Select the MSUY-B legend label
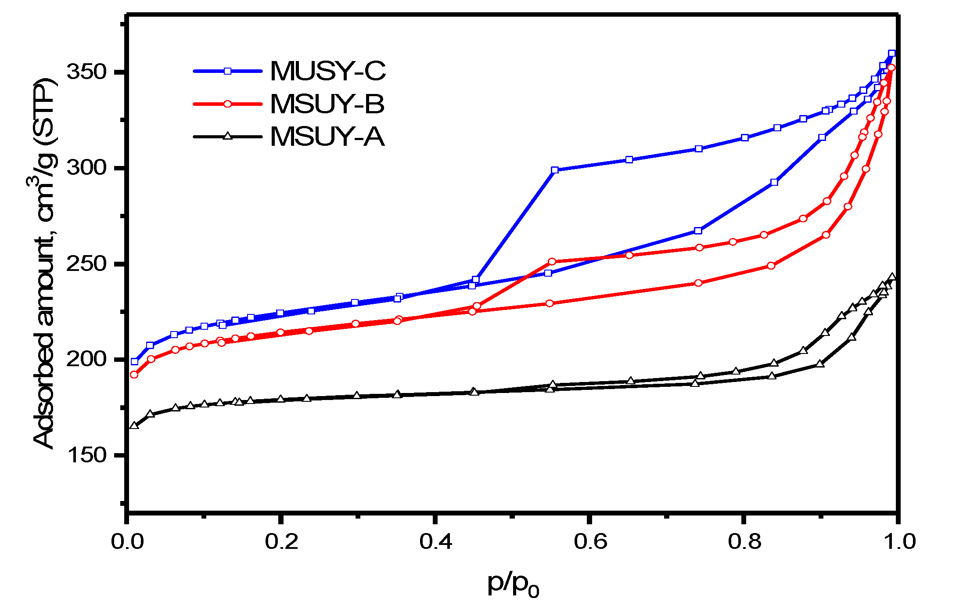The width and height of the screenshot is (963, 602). pos(327,105)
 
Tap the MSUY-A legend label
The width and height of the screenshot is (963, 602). pos(327,137)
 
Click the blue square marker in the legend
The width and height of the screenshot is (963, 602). pos(227,71)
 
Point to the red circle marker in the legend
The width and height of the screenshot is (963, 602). pos(227,104)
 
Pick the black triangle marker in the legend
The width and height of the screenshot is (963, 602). pos(227,136)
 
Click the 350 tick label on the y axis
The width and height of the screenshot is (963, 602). pos(87,72)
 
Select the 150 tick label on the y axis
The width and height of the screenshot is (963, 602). pos(87,455)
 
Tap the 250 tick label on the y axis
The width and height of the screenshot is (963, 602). pos(87,264)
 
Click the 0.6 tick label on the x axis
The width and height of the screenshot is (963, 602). pos(590,542)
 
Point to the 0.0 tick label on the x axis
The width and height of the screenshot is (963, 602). pos(127,542)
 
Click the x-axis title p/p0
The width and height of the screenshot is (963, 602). pos(513,584)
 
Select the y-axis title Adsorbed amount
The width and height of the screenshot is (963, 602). pos(44,263)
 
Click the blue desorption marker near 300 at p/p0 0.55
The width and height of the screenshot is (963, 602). pos(555,170)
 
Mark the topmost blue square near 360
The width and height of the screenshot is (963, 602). pos(891,54)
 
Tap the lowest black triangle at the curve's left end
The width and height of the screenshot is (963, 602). pos(134,425)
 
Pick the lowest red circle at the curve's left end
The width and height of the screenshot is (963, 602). pos(134,375)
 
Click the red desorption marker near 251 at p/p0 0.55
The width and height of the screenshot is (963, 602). pos(552,262)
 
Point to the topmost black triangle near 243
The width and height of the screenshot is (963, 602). pos(892,277)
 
